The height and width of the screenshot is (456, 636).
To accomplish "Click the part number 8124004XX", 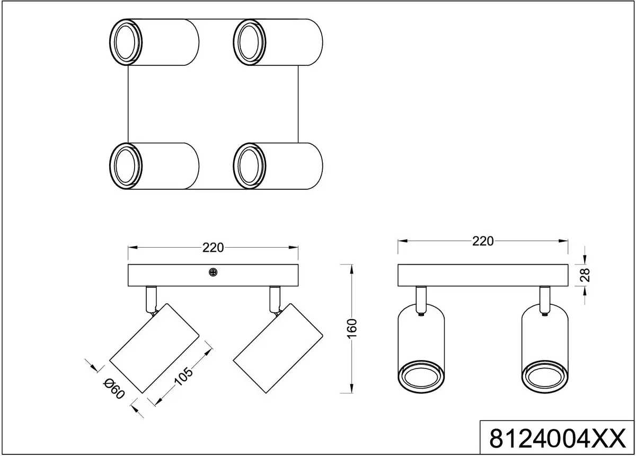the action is (558, 439).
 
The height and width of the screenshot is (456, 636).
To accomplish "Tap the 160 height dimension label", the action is (352, 329).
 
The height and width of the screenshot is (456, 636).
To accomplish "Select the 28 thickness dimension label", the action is (585, 275).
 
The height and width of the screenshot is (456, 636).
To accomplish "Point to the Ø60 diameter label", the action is (114, 389).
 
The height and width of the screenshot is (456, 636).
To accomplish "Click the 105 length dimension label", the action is (183, 377).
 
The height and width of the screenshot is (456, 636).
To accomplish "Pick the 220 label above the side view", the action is (213, 248).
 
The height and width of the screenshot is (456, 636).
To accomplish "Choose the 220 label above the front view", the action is (483, 241).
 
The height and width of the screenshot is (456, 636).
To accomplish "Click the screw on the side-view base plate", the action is (213, 273).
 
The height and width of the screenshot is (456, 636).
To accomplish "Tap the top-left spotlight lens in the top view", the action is (126, 42).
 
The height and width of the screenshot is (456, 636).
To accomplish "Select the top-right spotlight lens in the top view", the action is (250, 42).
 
